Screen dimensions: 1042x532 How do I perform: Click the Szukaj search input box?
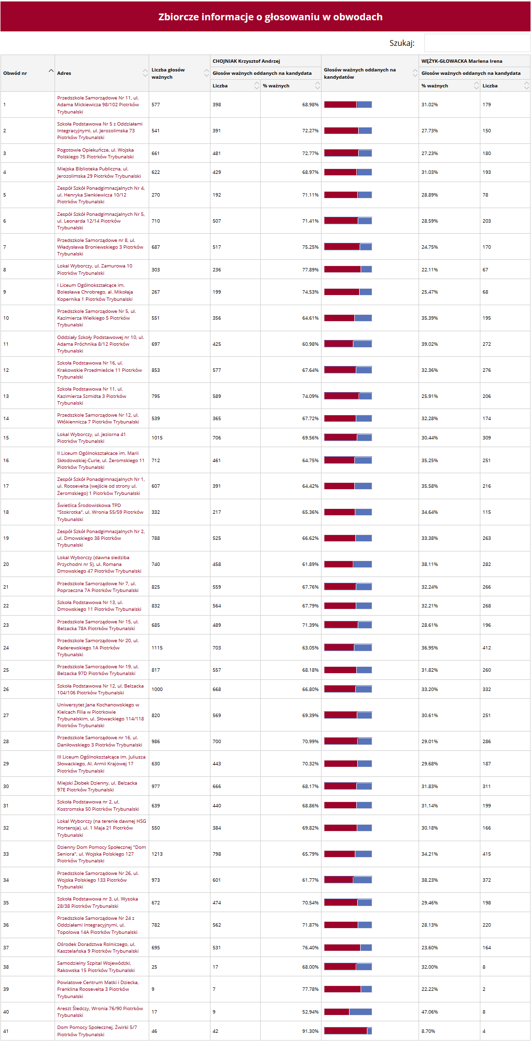(476, 43)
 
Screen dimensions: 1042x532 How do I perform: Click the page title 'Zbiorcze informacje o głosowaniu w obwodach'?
(270, 17)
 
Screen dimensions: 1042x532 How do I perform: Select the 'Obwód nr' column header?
(15, 73)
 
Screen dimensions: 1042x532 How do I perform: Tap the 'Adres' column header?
(64, 73)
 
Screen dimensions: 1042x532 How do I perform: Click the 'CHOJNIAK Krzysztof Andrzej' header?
(246, 61)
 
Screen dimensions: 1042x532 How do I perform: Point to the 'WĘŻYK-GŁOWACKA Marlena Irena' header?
(462, 61)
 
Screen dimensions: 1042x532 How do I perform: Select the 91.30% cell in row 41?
(310, 1031)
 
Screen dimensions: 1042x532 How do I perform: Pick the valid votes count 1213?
(157, 854)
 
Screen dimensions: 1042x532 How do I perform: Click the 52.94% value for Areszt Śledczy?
(310, 1012)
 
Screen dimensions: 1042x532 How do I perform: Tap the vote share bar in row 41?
(348, 1031)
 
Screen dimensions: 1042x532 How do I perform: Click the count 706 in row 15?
(217, 437)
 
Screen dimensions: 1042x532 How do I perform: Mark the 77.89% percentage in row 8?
(310, 269)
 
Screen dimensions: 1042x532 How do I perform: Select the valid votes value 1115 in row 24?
(157, 648)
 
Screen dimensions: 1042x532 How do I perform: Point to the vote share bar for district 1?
(348, 104)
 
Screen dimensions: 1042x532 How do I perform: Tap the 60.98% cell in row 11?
(310, 344)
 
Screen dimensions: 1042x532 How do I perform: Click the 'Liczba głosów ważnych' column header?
(168, 73)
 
